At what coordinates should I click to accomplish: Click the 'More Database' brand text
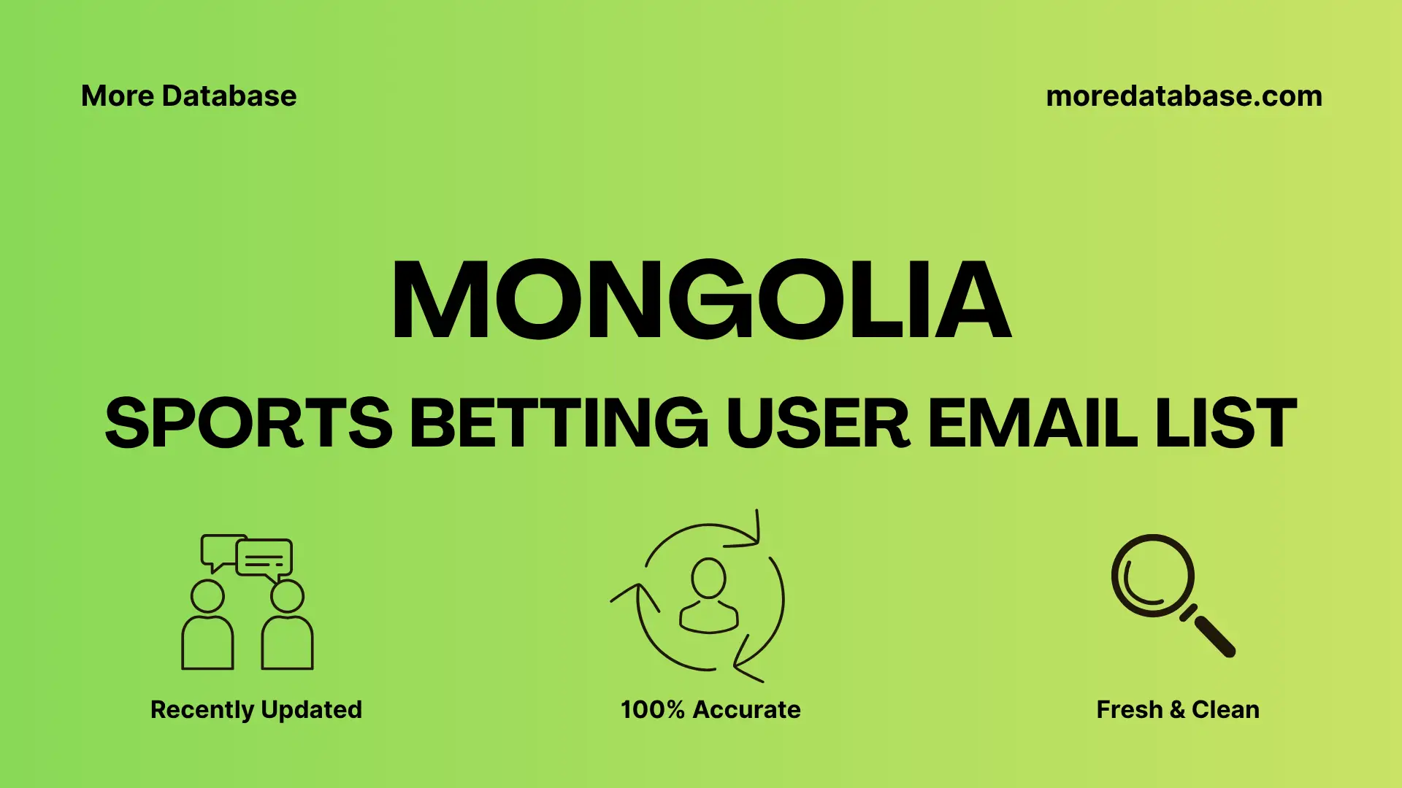coord(188,96)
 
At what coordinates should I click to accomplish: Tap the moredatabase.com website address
coord(1184,96)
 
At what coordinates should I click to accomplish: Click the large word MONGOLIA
coord(701,301)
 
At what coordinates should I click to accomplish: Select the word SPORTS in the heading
coord(249,423)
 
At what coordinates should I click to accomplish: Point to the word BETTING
coord(559,423)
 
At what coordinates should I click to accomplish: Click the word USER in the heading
coord(818,423)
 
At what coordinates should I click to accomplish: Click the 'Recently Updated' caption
coord(256,710)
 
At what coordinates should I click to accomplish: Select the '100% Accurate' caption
coord(710,710)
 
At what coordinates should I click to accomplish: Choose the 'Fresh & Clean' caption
coord(1178,710)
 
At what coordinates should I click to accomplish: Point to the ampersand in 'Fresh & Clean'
coord(1177,710)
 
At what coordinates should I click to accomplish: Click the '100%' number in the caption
coord(652,710)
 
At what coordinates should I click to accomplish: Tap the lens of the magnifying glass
coord(1152,576)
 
